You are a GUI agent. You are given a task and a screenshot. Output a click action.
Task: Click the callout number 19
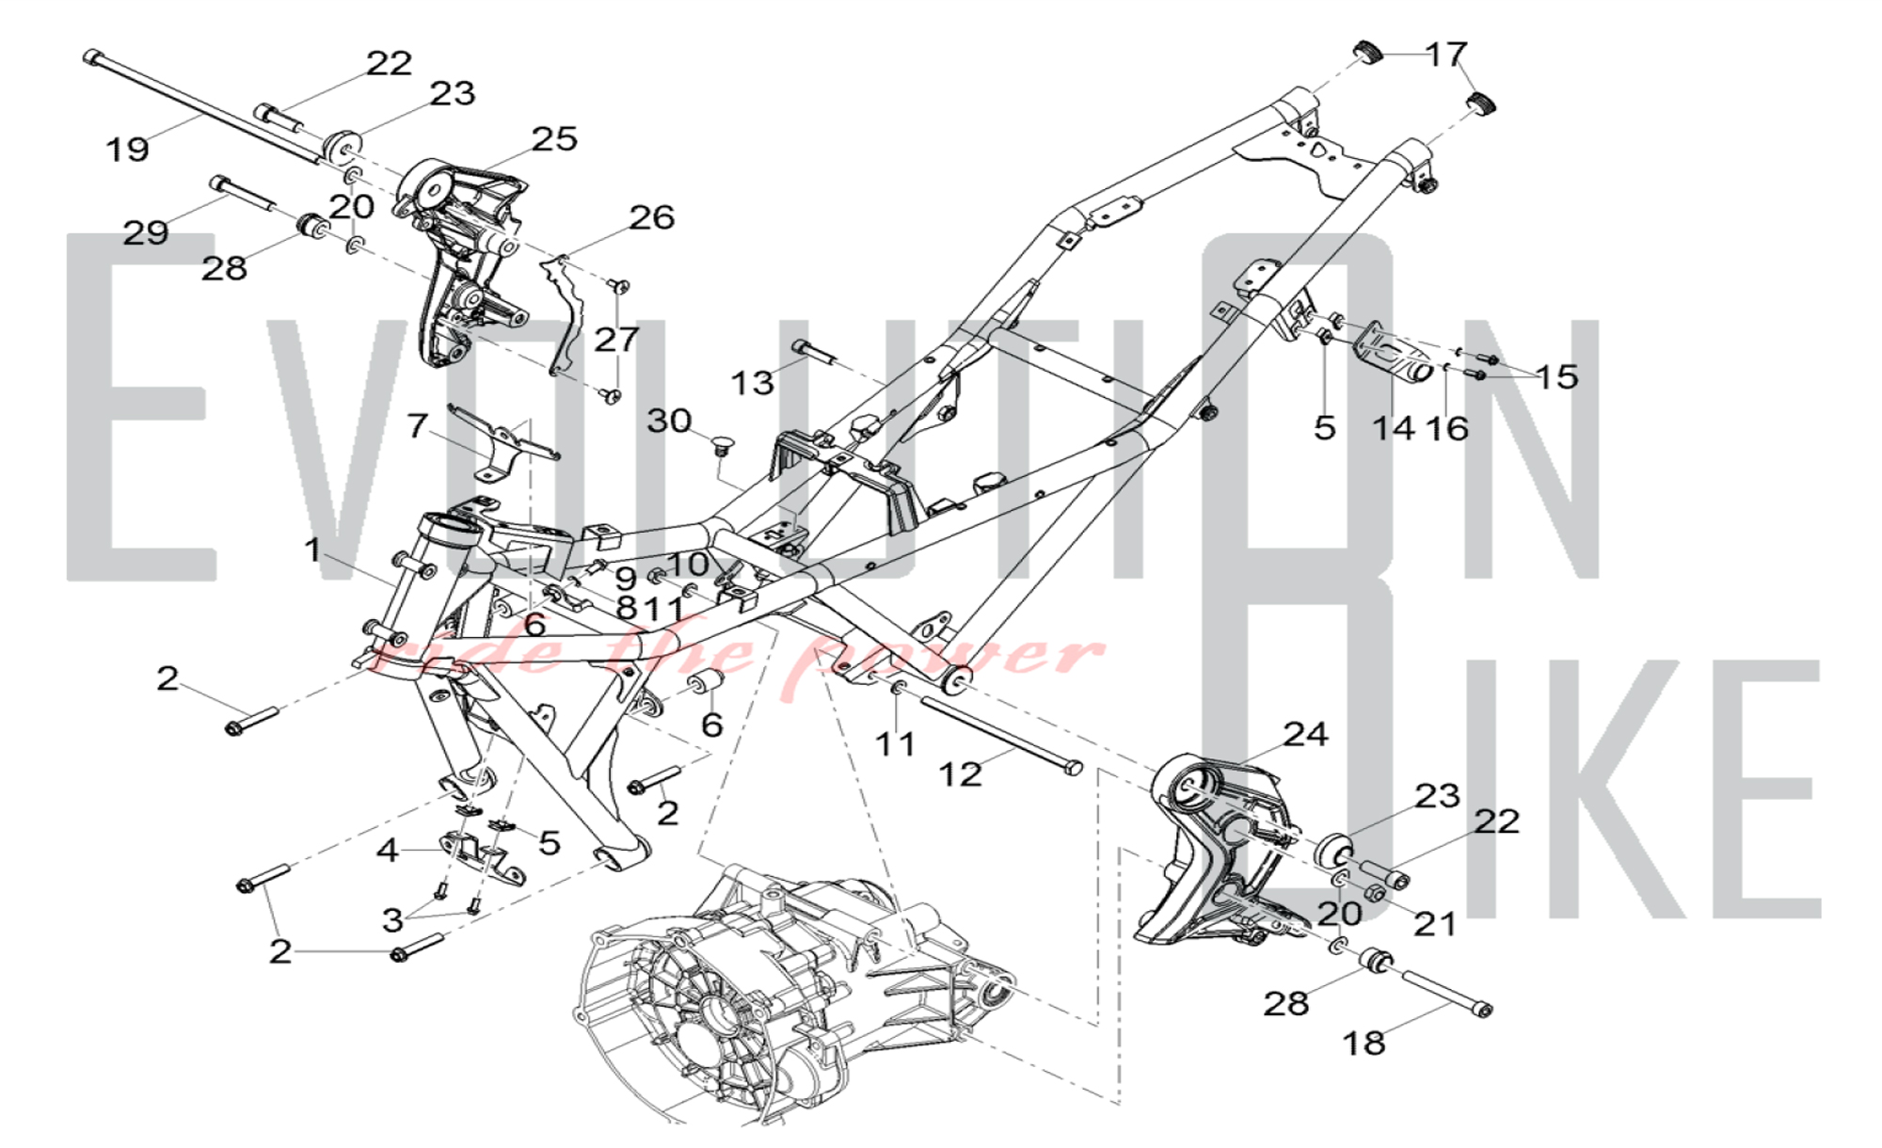[127, 149]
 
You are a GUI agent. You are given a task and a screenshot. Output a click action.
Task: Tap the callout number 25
[554, 139]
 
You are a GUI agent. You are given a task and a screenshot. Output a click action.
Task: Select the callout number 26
[652, 218]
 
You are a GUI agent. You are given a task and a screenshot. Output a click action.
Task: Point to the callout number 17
[1446, 54]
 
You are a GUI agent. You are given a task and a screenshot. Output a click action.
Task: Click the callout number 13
[753, 383]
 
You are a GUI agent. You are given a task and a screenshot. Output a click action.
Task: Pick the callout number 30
[669, 421]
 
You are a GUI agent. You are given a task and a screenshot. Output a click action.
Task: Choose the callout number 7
[418, 425]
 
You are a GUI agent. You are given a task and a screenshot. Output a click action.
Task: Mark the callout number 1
[313, 550]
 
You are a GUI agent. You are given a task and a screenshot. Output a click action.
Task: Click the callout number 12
[960, 774]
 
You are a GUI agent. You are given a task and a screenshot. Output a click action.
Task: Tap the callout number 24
[1306, 734]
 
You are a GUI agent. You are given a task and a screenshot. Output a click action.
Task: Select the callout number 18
[1364, 1043]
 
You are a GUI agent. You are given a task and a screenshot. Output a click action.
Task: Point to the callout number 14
[1394, 429]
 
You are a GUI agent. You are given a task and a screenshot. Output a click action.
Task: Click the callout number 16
[1447, 429]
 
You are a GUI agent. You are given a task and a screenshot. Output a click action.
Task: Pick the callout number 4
[388, 851]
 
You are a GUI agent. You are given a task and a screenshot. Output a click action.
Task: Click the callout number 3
[393, 919]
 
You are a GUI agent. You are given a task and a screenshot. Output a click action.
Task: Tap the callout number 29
[146, 232]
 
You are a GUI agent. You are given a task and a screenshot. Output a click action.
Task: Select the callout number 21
[1435, 924]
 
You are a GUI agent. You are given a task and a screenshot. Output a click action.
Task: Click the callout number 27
[616, 339]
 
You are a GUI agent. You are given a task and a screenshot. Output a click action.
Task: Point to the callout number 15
[1556, 376]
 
